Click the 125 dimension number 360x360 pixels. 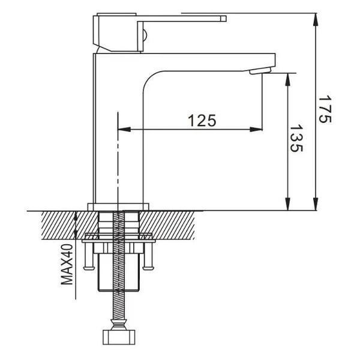[x=202, y=121]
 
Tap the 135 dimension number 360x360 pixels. [x=296, y=139]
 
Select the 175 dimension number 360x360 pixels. [x=325, y=109]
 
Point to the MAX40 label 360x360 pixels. [x=67, y=265]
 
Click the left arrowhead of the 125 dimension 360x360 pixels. [x=124, y=130]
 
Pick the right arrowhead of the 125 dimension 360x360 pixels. [x=256, y=130]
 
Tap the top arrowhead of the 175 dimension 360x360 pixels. [x=316, y=20]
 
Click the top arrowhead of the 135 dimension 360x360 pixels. [x=287, y=80]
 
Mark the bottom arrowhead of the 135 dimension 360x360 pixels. [x=287, y=203]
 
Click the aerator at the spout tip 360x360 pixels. [x=261, y=70]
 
